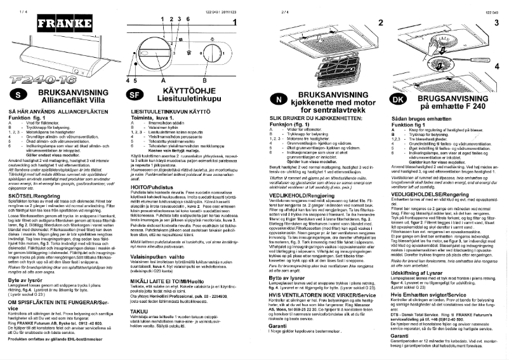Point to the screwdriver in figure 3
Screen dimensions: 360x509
477,51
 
